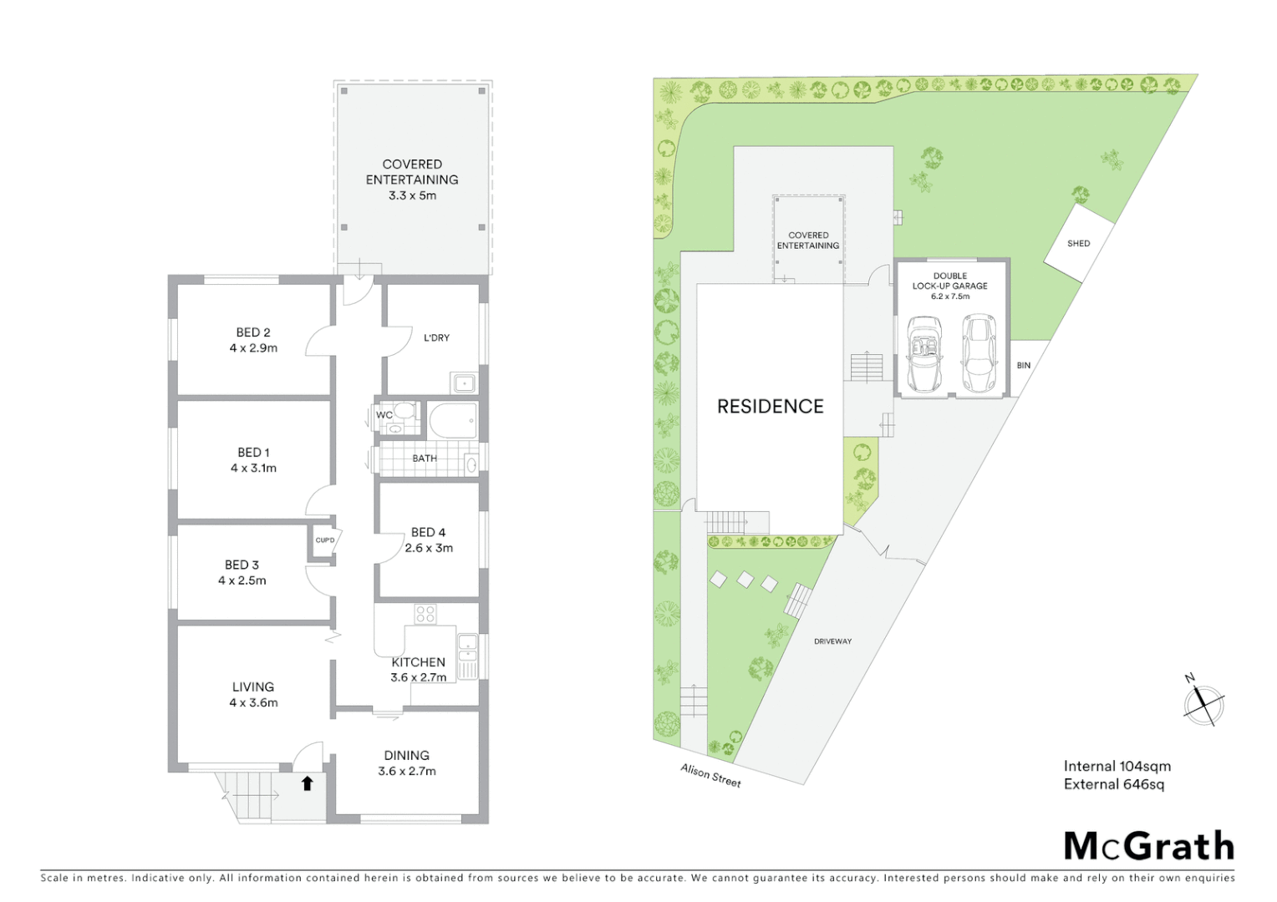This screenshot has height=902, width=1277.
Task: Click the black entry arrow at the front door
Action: (x=307, y=783)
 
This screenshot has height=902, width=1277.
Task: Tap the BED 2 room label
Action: (x=253, y=332)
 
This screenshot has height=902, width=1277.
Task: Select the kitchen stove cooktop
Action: (x=425, y=615)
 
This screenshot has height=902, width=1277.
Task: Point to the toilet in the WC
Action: (x=404, y=411)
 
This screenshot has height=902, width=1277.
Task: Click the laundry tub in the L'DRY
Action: (x=464, y=383)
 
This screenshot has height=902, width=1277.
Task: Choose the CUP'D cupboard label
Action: (x=325, y=540)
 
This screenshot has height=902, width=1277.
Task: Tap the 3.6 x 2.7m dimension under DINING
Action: (x=407, y=771)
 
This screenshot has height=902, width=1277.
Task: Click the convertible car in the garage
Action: (x=924, y=354)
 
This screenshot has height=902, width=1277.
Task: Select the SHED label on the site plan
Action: (x=1078, y=243)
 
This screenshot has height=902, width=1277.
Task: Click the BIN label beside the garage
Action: (x=1024, y=365)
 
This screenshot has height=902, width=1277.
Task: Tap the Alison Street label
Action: (x=710, y=775)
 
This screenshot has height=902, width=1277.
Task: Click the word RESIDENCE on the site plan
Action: (x=770, y=407)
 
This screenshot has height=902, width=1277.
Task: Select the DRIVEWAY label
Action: (x=832, y=641)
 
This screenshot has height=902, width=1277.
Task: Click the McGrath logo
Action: (x=1148, y=846)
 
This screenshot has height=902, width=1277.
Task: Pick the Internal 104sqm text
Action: (x=1117, y=766)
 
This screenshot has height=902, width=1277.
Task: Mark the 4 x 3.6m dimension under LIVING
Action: (x=253, y=702)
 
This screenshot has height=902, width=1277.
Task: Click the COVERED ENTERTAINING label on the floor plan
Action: (x=412, y=172)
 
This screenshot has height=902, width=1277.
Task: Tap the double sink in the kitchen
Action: (x=467, y=656)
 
